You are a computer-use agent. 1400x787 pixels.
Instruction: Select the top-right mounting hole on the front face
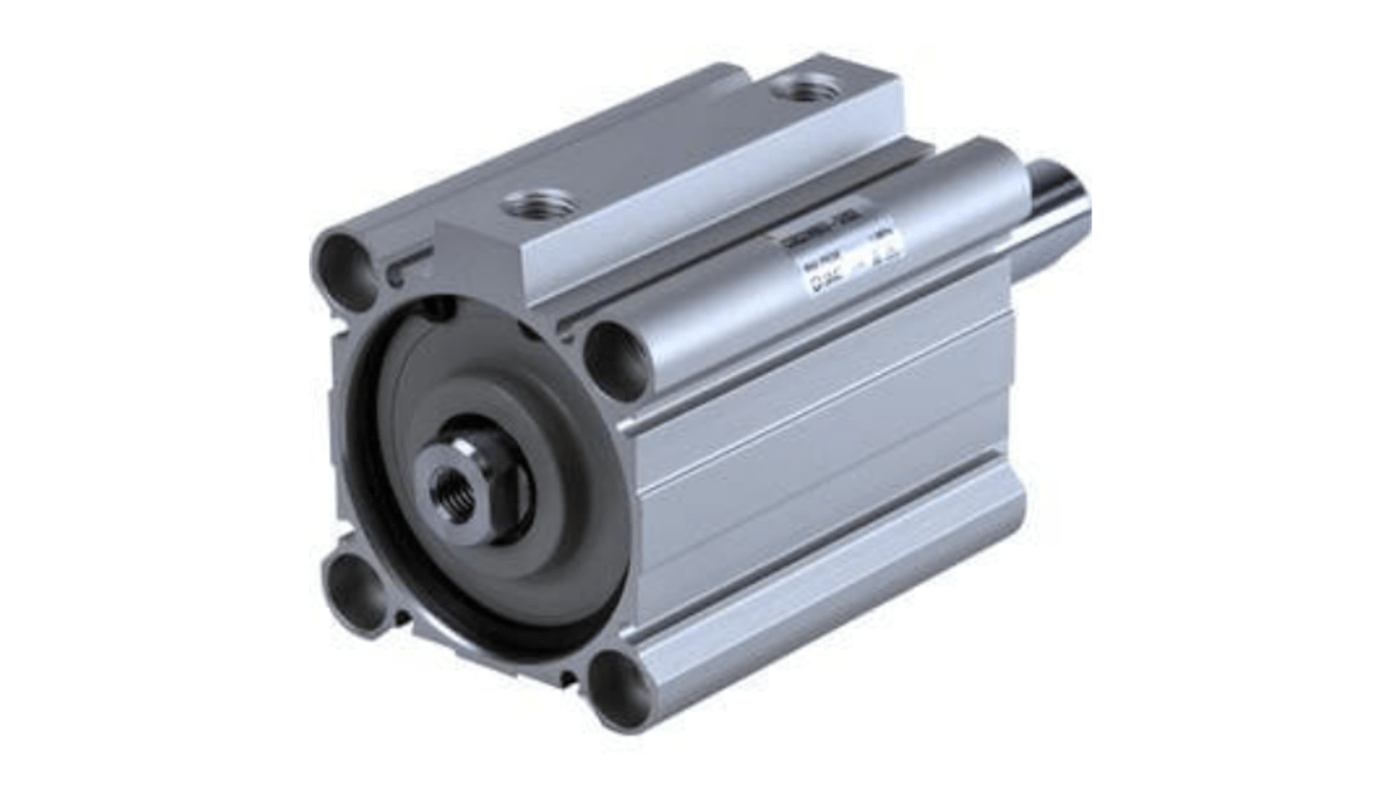tap(616, 359)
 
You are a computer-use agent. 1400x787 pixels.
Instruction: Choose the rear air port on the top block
tap(806, 91)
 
